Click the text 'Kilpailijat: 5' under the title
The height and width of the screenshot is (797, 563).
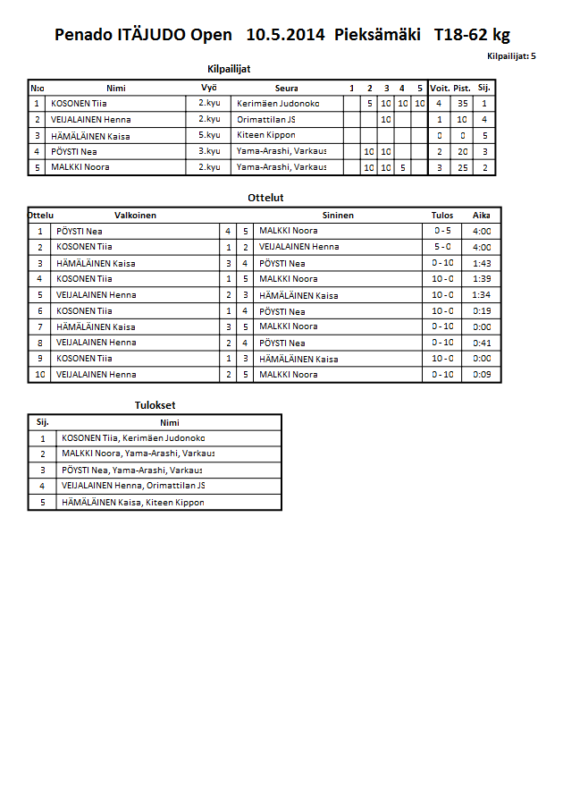[511, 55]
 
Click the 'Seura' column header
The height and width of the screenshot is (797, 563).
[286, 89]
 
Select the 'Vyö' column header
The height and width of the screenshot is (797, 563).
[209, 88]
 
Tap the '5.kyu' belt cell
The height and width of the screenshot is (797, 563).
[209, 135]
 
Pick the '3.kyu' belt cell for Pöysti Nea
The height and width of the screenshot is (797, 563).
[209, 151]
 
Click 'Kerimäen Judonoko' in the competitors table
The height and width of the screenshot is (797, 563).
[278, 104]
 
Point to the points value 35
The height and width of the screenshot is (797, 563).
[462, 104]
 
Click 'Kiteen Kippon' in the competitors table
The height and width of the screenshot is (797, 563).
[266, 135]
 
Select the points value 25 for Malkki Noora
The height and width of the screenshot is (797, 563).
[462, 167]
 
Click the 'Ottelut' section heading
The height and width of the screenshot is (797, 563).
[265, 198]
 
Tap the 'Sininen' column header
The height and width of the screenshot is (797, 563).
[338, 216]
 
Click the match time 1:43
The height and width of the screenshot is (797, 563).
[481, 263]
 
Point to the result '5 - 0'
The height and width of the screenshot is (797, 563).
[441, 247]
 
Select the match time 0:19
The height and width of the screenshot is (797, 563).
[481, 311]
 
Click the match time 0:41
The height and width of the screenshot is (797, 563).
[481, 343]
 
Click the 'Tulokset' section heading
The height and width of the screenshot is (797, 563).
[155, 405]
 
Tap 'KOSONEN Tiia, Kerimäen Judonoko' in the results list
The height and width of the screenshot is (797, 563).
[133, 438]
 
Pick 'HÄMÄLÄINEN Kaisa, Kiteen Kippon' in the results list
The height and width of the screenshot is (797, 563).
[132, 503]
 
